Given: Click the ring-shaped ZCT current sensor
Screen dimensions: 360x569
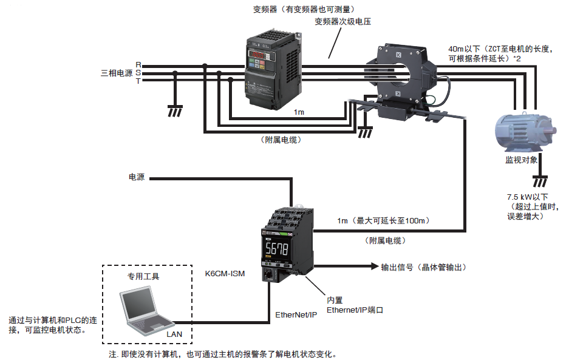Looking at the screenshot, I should (x=401, y=73).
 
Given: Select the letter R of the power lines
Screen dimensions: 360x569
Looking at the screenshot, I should (x=138, y=64).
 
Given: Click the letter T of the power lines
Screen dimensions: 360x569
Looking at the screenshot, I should (x=138, y=81).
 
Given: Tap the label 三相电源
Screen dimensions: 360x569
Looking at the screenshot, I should (x=117, y=73).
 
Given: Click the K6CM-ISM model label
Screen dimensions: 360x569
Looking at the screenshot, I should (x=225, y=274).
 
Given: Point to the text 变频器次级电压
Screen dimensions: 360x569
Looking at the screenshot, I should (x=342, y=22).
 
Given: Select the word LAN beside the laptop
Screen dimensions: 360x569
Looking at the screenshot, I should (x=174, y=333).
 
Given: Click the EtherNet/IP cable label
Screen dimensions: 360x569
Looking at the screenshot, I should (x=296, y=315).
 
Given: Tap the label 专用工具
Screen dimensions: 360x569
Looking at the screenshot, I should (x=143, y=276).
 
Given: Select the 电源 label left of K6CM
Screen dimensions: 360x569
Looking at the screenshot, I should (x=137, y=178).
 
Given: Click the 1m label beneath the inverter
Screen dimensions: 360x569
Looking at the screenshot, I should (x=299, y=112).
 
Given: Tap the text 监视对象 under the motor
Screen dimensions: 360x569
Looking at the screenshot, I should (x=521, y=160).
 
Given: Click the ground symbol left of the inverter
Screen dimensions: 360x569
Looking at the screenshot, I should (x=175, y=110).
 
